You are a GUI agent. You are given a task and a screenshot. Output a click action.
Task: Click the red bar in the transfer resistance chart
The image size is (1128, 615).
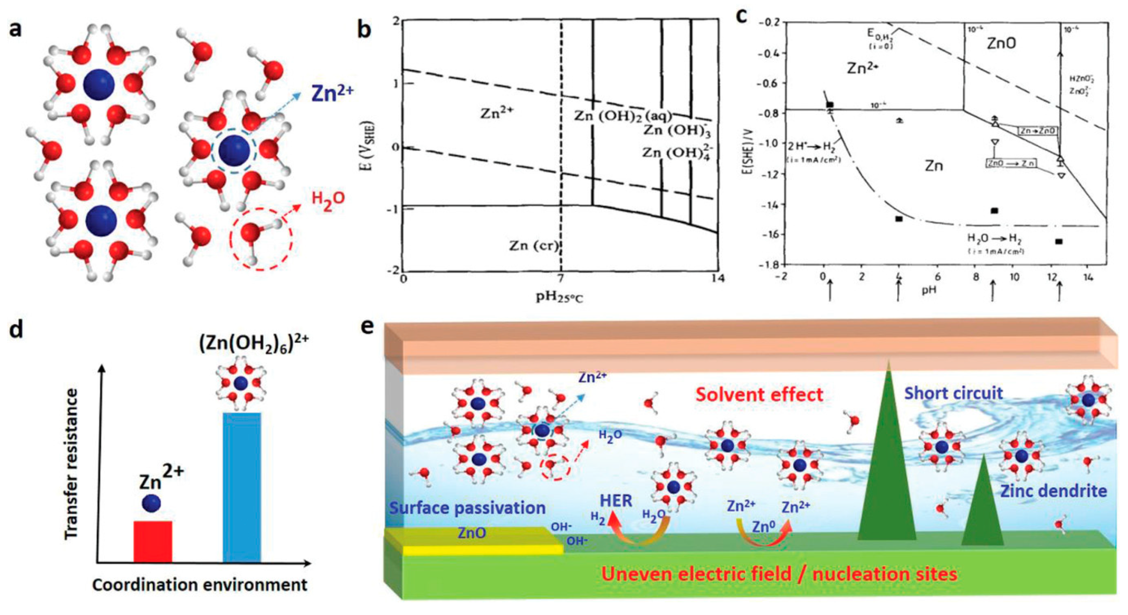point(153,541)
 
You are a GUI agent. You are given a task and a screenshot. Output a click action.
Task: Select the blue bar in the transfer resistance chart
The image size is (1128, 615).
point(242,487)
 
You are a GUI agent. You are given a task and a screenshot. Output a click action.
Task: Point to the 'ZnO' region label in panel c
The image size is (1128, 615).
point(1001,43)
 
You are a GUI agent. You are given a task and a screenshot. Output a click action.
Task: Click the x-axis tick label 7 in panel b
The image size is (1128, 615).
point(560,278)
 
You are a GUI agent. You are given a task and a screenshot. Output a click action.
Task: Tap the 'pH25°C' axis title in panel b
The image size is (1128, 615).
point(560,297)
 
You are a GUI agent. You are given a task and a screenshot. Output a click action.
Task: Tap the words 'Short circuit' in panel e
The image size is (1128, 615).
point(953,393)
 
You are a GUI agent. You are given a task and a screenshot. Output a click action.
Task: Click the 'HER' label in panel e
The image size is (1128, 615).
point(616,501)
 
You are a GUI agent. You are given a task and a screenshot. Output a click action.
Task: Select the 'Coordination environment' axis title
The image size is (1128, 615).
point(200,585)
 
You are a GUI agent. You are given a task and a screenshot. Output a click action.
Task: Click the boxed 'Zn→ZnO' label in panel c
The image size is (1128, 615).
point(1038,131)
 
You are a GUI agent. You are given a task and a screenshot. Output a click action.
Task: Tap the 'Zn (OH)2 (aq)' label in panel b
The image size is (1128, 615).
point(622,116)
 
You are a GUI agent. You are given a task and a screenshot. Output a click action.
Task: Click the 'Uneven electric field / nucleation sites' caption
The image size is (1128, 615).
point(779,574)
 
